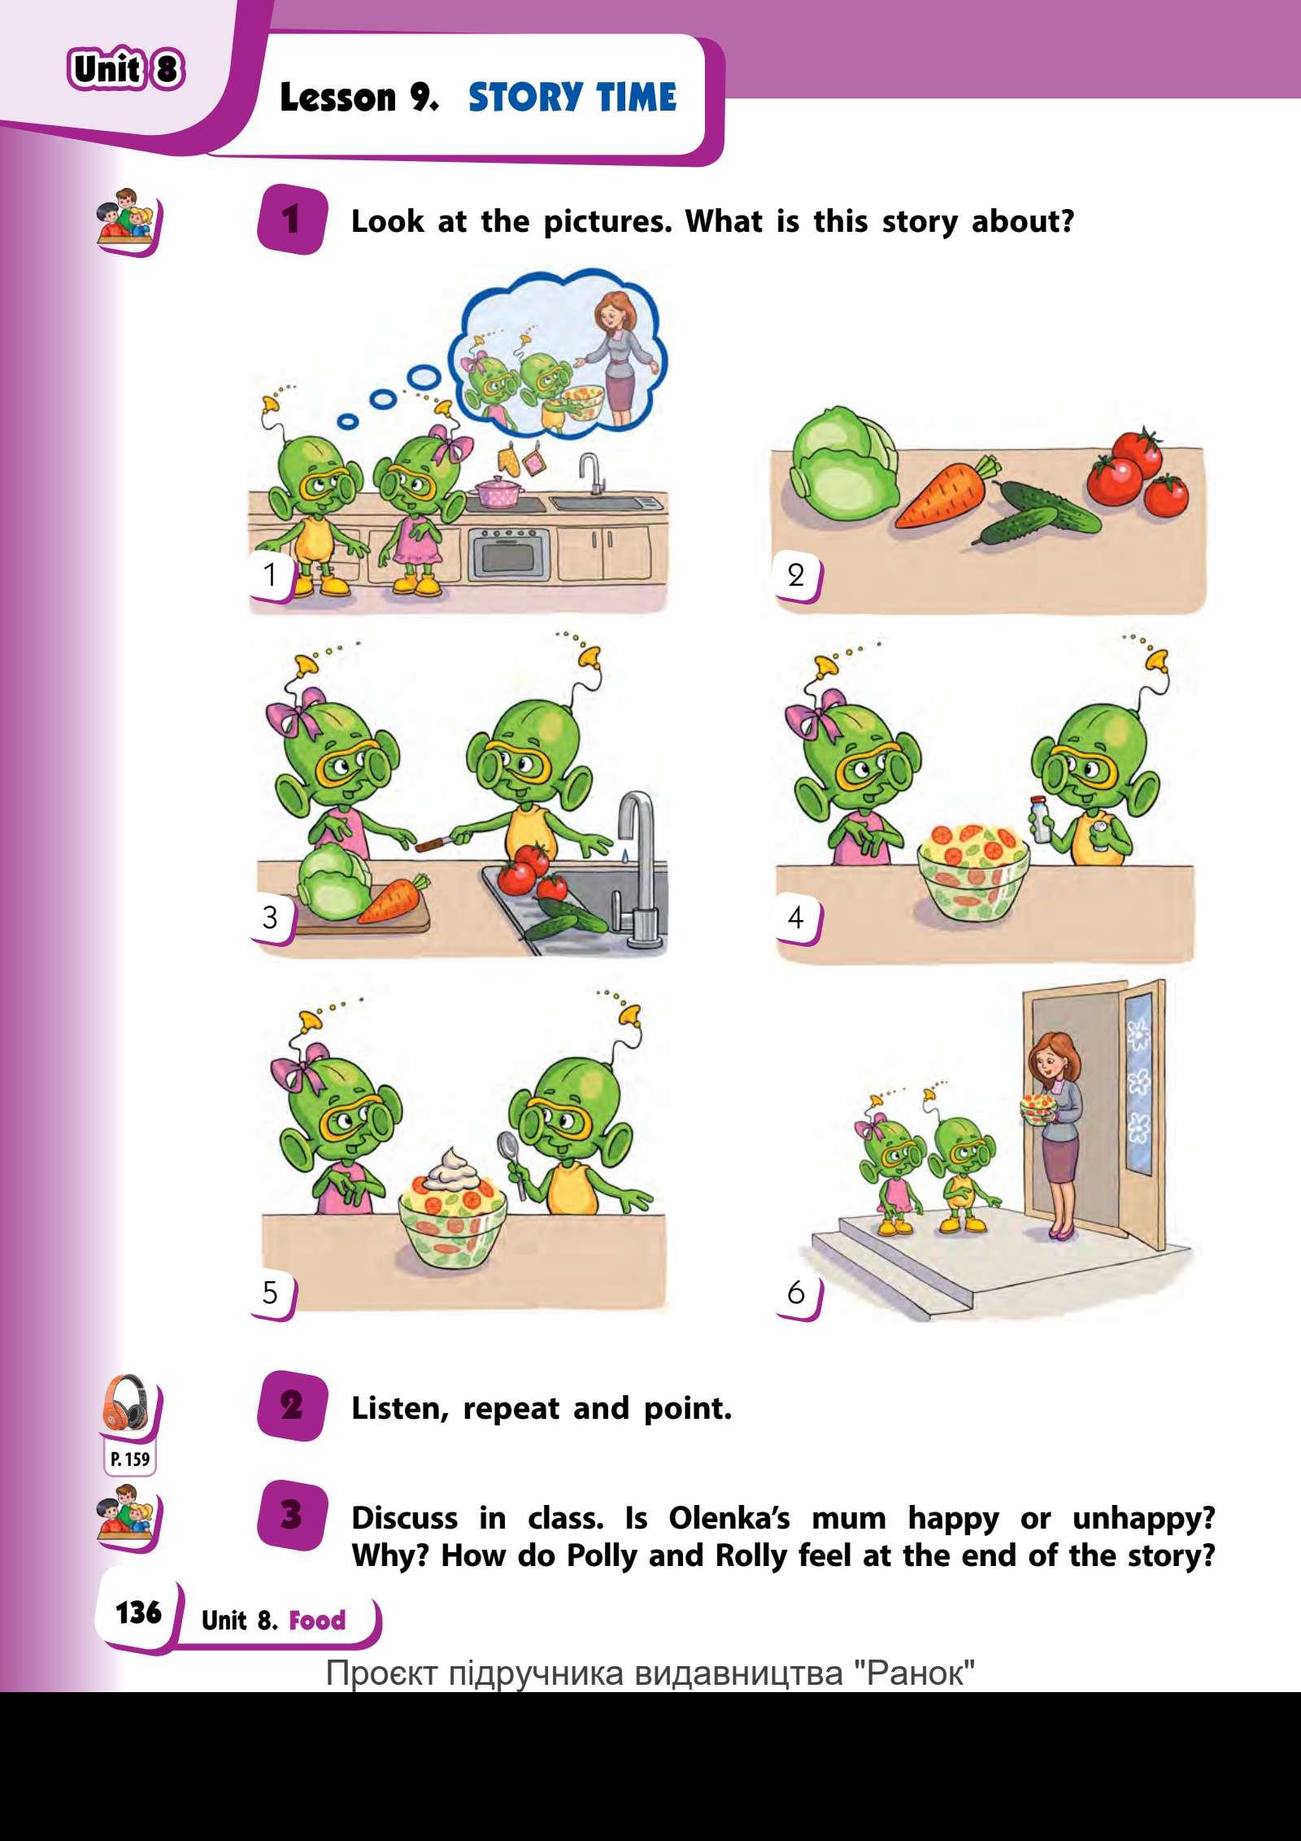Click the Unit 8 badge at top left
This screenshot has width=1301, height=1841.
[x=126, y=69]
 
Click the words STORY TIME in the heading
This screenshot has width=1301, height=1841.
[x=572, y=98]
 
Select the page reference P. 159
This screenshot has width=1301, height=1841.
[x=130, y=1459]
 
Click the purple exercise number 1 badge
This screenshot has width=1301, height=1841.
[x=290, y=220]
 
